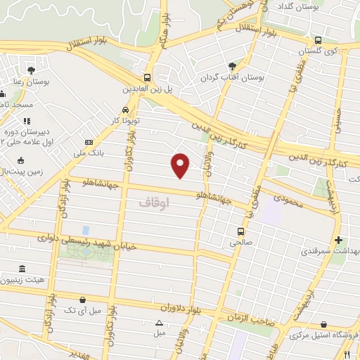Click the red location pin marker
(181, 163)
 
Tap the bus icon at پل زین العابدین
(147, 78)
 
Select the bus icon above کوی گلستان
(318, 40)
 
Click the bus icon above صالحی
(241, 231)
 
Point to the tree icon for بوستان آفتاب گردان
(231, 65)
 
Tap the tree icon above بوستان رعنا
(31, 69)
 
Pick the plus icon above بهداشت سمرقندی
(340, 240)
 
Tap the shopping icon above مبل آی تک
(84, 299)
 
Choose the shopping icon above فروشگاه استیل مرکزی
(323, 324)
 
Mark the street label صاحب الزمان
(247, 318)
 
